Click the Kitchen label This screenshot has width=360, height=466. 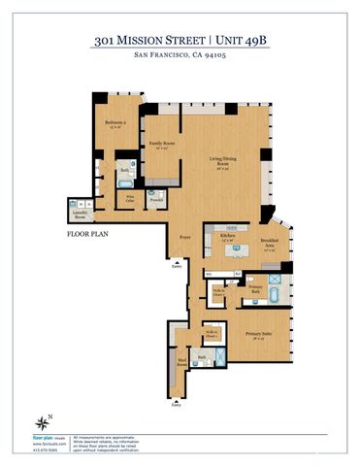click(228, 236)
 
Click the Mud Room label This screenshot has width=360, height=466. click(180, 366)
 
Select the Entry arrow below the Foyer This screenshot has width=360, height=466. click(176, 261)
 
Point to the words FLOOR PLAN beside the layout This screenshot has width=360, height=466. click(88, 234)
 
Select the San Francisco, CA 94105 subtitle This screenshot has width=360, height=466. click(180, 56)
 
